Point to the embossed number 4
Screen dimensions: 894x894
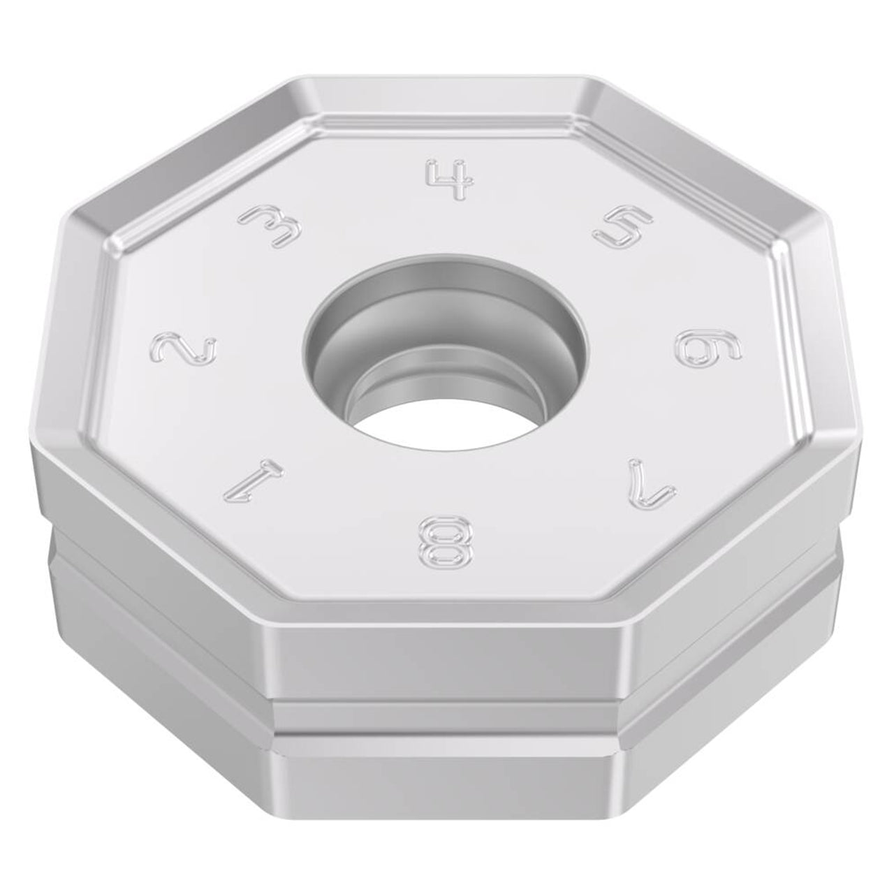point(450,179)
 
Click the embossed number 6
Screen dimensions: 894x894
point(708,351)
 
